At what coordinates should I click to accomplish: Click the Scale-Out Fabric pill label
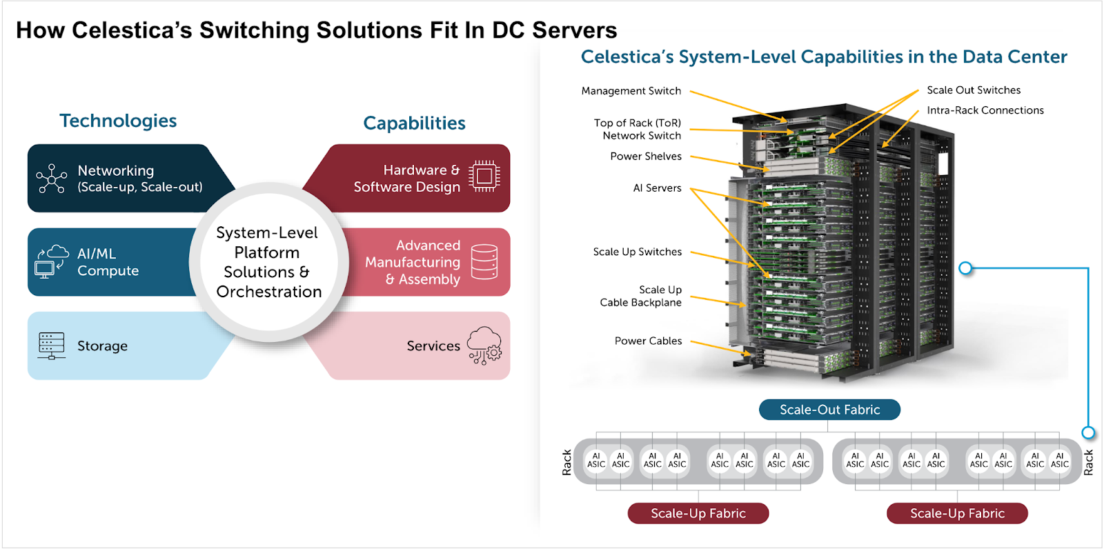point(829,410)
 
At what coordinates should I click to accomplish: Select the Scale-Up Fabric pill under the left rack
point(698,513)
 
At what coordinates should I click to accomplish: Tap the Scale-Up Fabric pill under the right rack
point(957,513)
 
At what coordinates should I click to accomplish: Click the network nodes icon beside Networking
point(51,178)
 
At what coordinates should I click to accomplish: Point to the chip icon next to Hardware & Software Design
point(484,176)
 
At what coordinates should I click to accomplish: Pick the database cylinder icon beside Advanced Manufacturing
point(484,262)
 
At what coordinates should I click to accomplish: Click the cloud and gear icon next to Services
point(484,345)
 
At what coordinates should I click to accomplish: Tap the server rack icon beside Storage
point(51,345)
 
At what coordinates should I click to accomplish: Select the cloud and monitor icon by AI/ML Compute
point(51,261)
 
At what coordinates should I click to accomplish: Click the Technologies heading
point(118,121)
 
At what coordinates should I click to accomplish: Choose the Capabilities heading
point(414,123)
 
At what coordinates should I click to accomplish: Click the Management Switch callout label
point(631,91)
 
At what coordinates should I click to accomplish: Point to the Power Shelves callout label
point(646,156)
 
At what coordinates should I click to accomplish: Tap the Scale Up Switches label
point(638,252)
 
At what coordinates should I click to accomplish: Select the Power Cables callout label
point(648,341)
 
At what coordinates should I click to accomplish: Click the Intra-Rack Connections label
point(985,110)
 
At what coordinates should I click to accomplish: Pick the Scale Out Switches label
point(974,90)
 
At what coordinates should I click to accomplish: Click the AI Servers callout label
point(657,188)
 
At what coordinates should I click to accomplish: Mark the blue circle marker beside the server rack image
point(965,268)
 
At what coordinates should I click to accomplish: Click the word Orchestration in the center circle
point(268,292)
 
